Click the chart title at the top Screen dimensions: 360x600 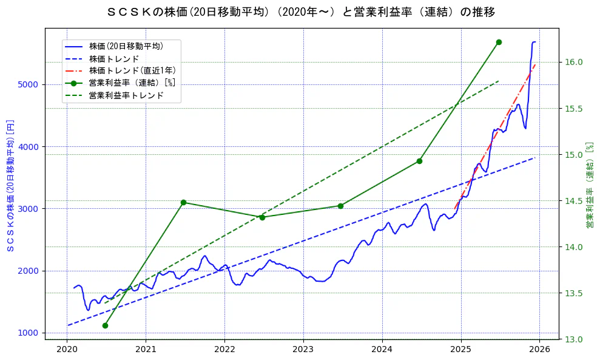(300, 12)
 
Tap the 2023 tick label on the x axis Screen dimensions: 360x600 (303, 349)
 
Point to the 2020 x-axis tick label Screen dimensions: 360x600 (67, 349)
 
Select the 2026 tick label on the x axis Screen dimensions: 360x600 (539, 349)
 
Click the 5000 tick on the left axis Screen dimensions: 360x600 (28, 84)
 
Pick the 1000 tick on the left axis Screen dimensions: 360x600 (28, 333)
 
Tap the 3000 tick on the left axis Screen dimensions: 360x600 (28, 209)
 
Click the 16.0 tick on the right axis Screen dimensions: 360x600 (574, 62)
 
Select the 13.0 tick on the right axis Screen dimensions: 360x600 (574, 339)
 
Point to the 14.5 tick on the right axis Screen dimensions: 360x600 (574, 201)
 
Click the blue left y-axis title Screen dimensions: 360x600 (10, 185)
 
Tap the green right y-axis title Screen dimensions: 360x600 (589, 185)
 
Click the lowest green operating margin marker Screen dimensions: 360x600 (105, 326)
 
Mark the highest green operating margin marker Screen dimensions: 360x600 (499, 42)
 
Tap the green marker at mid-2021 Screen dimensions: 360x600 (183, 202)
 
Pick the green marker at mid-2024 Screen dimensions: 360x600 (419, 161)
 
